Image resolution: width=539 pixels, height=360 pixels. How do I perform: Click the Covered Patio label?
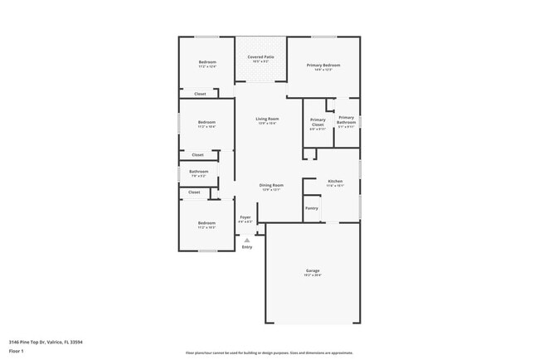pos(261,56)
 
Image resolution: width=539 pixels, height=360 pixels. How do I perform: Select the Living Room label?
pos(266,119)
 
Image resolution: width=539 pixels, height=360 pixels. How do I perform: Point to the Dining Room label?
pos(271,185)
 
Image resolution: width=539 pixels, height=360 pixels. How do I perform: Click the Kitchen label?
pos(334,181)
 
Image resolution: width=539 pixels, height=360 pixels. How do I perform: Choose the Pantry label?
pos(312,207)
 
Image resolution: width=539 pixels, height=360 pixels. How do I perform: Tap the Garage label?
pos(313,270)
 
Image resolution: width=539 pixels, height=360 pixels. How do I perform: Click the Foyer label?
pos(245,217)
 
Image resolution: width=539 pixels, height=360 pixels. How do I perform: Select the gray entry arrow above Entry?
pos(246,240)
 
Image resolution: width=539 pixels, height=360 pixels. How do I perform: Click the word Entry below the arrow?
pos(246,247)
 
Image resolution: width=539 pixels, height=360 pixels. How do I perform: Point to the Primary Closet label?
pos(318,121)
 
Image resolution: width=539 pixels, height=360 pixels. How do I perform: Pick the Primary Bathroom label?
pos(346,119)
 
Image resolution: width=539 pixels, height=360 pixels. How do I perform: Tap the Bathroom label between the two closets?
pos(199,172)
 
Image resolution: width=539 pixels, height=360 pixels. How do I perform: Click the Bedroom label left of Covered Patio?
pos(206,62)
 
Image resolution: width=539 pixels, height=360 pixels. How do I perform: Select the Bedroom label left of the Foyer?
pos(206,222)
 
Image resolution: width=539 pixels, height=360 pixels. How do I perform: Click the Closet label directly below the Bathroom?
pos(194,192)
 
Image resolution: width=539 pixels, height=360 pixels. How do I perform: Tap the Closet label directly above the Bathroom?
pos(197,154)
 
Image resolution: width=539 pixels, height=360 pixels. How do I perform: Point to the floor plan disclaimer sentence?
pos(269,353)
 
